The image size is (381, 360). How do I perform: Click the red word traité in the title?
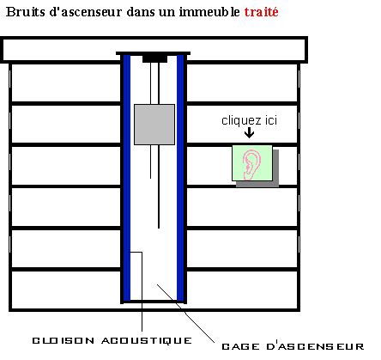click(x=262, y=12)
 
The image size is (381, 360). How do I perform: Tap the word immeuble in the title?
click(x=209, y=12)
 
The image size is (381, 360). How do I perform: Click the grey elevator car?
click(x=154, y=125)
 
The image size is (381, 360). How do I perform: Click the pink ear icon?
click(x=251, y=166)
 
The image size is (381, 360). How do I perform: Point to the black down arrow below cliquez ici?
click(x=250, y=132)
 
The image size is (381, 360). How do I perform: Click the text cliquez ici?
click(x=250, y=120)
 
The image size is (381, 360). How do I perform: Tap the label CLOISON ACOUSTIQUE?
click(x=112, y=340)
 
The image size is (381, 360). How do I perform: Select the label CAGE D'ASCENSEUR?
click(x=293, y=346)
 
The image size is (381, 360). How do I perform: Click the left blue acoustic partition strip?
click(x=127, y=178)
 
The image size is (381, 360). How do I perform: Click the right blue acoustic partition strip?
click(x=180, y=178)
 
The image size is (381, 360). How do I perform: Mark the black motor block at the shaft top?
click(x=154, y=58)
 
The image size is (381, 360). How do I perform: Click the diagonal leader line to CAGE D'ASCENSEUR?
click(x=185, y=314)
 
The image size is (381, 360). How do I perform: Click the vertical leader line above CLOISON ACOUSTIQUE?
click(x=142, y=291)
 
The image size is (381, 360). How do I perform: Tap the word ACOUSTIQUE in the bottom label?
click(x=147, y=340)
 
